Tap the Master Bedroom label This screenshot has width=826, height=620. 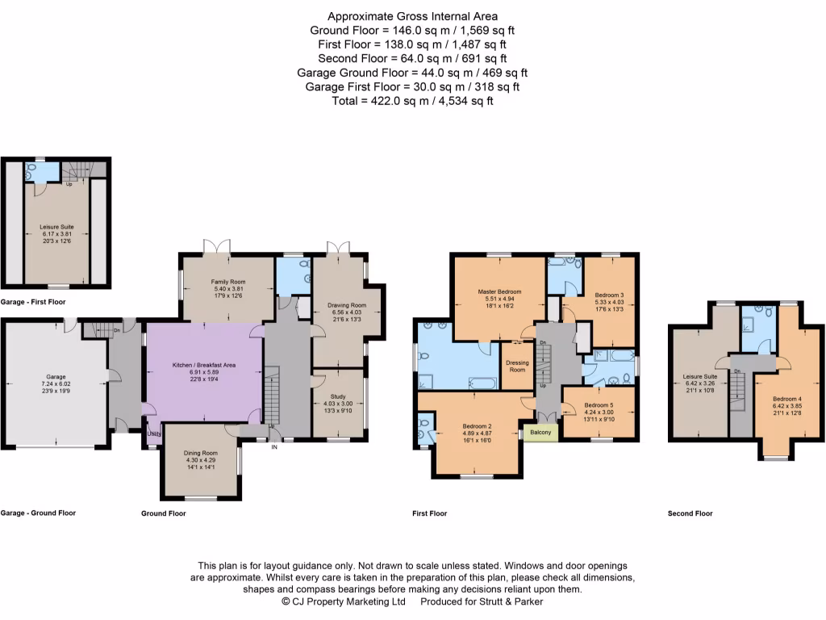[499, 291]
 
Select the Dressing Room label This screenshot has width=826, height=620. [517, 366]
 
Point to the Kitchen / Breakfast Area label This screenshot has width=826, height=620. [203, 365]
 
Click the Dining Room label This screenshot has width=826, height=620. [200, 453]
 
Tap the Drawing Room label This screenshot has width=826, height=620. [347, 305]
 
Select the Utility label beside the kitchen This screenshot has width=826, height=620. [152, 434]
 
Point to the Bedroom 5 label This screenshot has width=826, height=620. [599, 405]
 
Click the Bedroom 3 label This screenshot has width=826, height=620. [609, 295]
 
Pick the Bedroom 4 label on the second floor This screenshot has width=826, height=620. [786, 399]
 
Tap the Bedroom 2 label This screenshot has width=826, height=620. [477, 426]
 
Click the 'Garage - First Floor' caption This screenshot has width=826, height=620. [33, 301]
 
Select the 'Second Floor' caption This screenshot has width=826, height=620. [690, 513]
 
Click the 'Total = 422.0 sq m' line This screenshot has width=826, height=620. [412, 101]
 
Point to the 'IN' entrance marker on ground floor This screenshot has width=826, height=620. [274, 446]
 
